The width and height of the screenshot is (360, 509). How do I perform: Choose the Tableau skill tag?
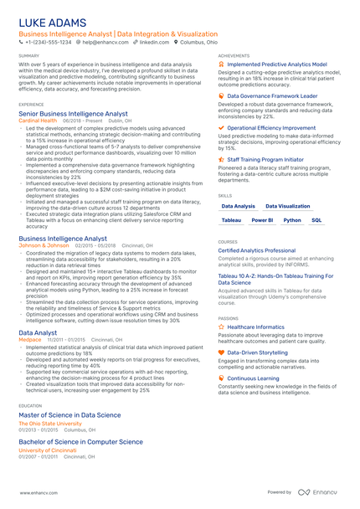231,220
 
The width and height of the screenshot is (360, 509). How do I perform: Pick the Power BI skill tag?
262,220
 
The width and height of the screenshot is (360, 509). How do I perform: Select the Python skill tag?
291,220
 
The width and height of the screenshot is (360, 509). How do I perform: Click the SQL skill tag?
316,220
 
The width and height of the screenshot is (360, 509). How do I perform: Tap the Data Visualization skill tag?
287,205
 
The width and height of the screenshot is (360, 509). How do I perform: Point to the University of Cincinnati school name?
47,450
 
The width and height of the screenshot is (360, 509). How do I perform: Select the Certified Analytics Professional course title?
256,250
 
